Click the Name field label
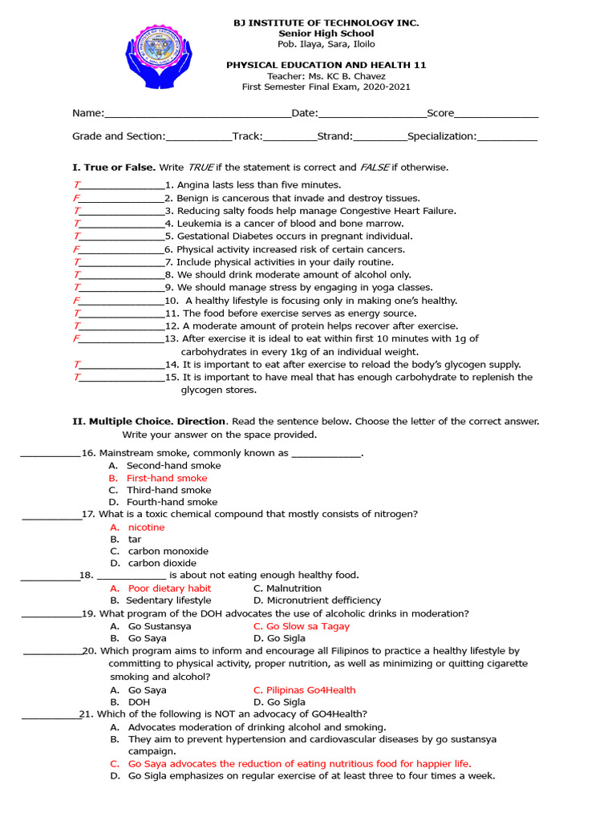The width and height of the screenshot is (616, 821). tap(88, 114)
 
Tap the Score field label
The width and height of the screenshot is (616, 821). tap(440, 114)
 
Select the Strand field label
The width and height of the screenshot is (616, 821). tap(334, 136)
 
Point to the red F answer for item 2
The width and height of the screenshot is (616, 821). tap(76, 198)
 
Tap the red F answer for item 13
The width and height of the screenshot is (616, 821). tap(76, 339)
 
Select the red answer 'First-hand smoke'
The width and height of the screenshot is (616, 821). tap(167, 478)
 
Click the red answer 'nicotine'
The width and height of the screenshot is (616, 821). tap(146, 528)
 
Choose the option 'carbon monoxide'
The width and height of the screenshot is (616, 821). tap(168, 552)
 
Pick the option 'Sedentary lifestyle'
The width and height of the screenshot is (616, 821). tap(169, 601)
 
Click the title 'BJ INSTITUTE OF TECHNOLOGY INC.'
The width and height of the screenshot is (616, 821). tap(326, 23)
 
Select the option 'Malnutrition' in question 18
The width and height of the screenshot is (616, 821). tap(294, 588)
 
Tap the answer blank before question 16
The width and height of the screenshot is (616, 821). tap(50, 454)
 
